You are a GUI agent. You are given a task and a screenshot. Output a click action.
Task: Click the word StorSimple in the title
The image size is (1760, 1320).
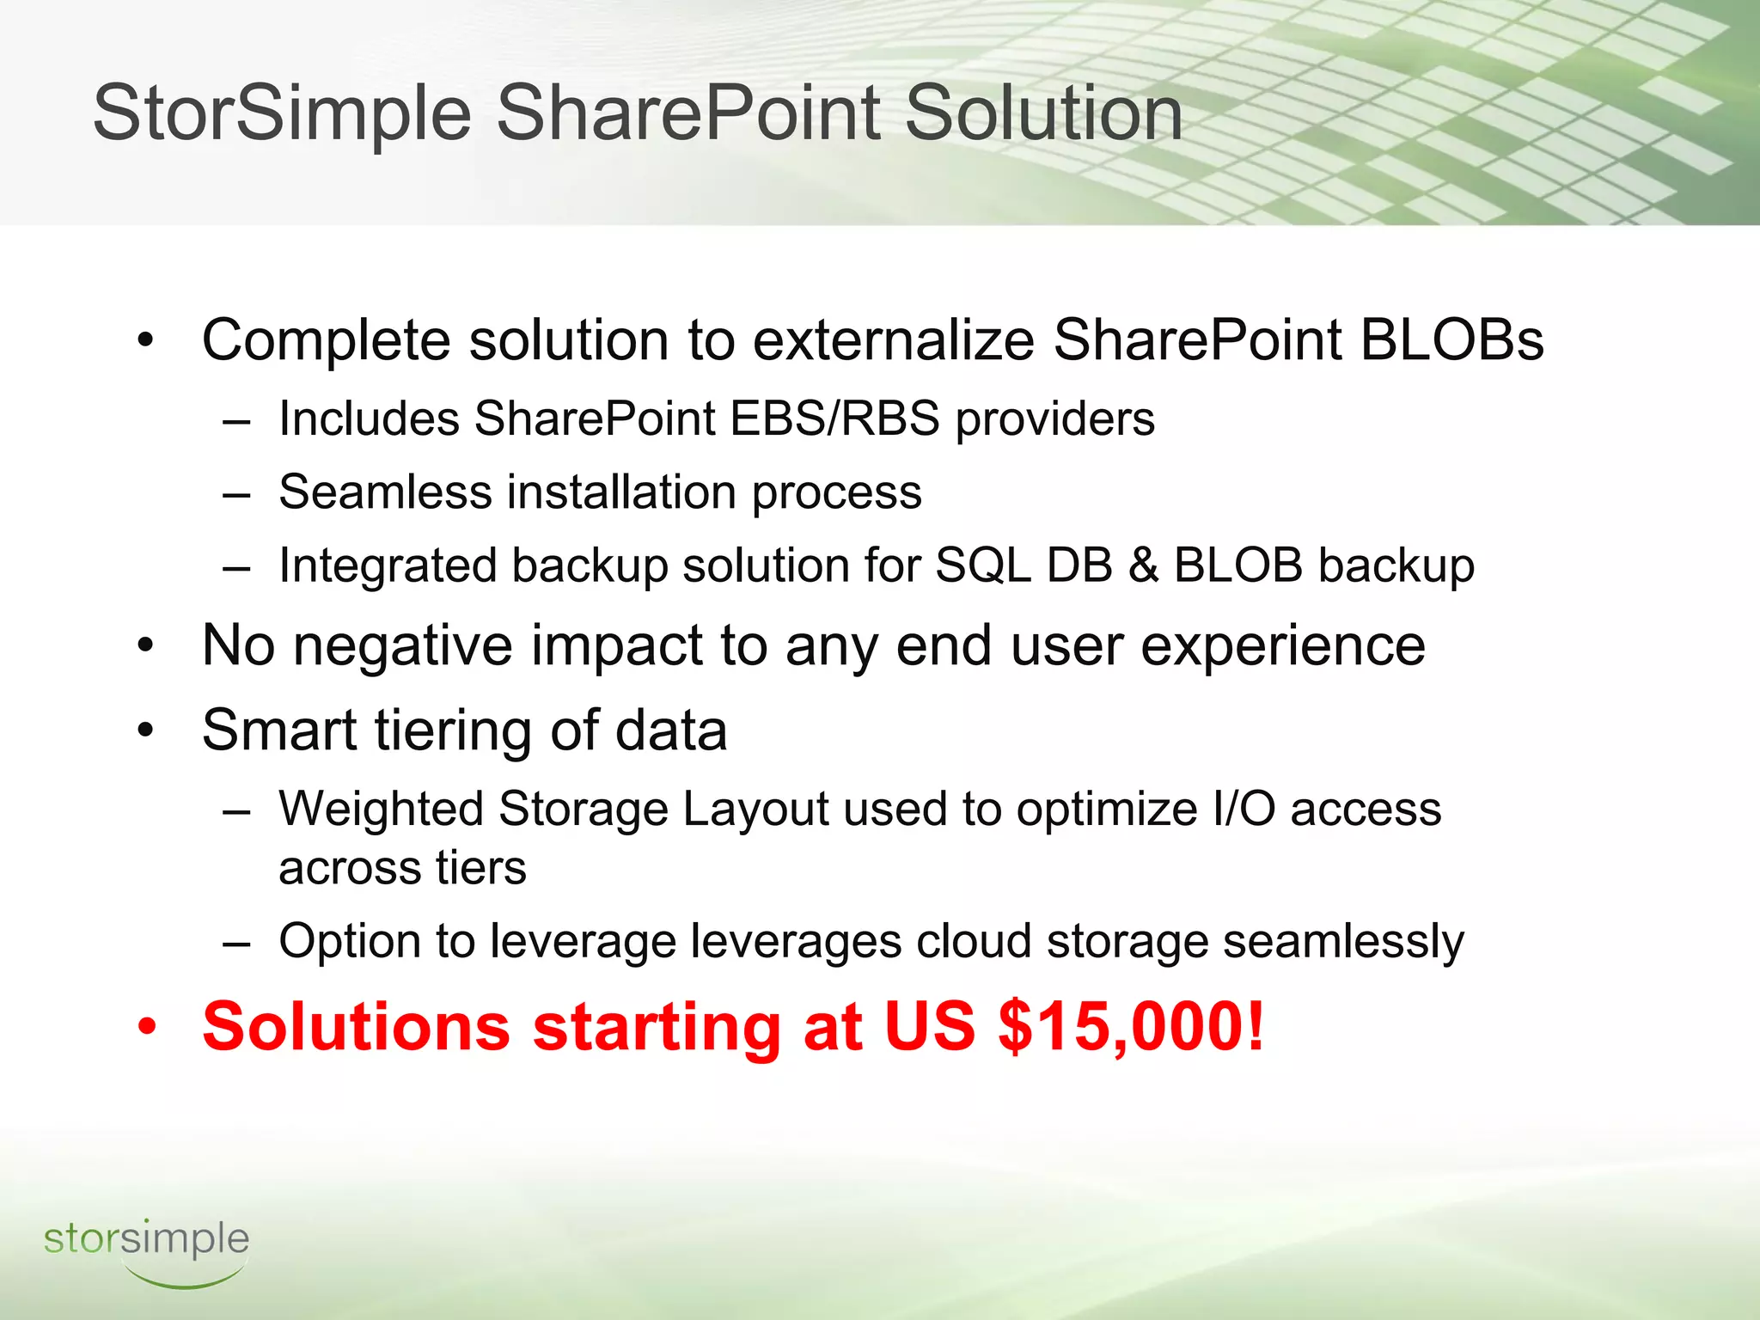[282, 114]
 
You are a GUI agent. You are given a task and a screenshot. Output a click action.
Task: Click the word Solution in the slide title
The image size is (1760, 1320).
[1043, 114]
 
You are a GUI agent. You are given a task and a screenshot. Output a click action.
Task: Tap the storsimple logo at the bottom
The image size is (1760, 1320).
[146, 1250]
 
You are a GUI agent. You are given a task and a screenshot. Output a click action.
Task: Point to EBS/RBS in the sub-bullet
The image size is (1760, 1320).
[834, 419]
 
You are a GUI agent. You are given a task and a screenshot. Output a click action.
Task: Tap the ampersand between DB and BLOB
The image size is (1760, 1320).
[1143, 566]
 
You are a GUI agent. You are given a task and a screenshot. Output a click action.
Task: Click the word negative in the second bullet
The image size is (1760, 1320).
[403, 646]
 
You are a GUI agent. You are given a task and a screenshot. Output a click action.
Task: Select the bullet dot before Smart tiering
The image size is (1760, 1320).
[147, 731]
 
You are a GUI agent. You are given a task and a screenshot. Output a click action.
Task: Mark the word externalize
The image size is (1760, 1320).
[893, 339]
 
